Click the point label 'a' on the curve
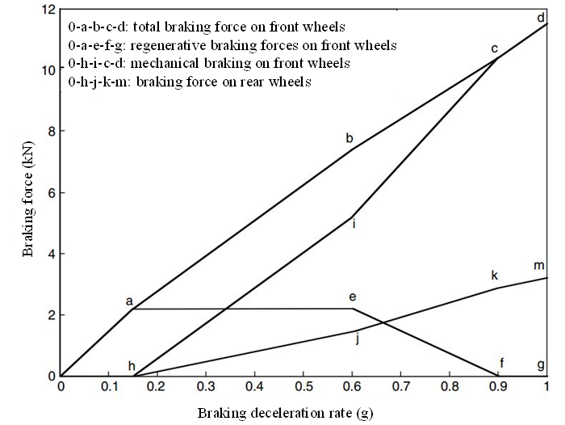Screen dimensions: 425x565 pyautogui.click(x=129, y=301)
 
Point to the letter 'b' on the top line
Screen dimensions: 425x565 pyautogui.click(x=349, y=138)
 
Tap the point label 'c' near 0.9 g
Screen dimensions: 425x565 pyautogui.click(x=495, y=49)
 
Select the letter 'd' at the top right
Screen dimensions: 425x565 pyautogui.click(x=540, y=17)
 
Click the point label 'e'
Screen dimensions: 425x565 pyautogui.click(x=352, y=297)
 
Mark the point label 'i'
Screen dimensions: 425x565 pyautogui.click(x=354, y=224)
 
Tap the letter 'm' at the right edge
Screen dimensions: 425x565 pyautogui.click(x=539, y=266)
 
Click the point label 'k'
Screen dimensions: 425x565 pyautogui.click(x=495, y=276)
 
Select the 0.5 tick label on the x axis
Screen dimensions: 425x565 pyautogui.click(x=303, y=387)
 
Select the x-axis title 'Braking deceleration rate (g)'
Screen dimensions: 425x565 pyautogui.click(x=286, y=411)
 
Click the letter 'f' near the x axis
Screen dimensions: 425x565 pyautogui.click(x=502, y=364)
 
